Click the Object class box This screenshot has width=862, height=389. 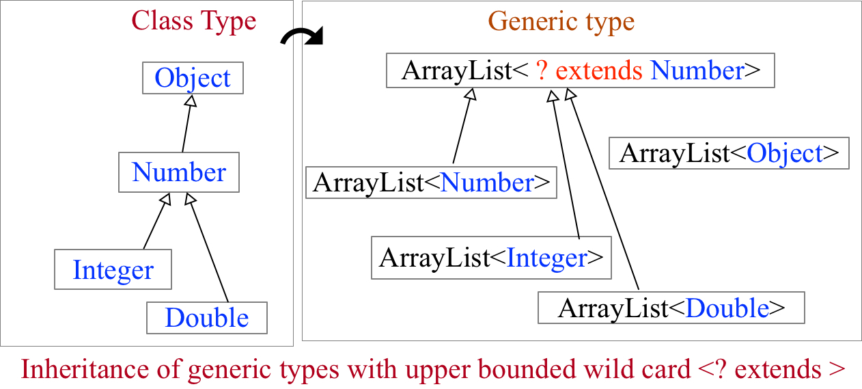click(193, 78)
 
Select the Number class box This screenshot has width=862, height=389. click(179, 172)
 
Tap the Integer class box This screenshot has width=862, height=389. click(113, 269)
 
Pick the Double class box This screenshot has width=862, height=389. click(207, 318)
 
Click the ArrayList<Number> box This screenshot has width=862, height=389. click(431, 183)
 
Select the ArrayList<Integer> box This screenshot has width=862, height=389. click(491, 258)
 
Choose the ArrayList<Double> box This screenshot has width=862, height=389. click(671, 308)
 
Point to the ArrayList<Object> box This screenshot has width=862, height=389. click(729, 153)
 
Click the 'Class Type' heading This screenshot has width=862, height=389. click(193, 21)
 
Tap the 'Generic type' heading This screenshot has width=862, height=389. click(561, 21)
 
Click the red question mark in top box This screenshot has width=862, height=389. click(541, 70)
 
